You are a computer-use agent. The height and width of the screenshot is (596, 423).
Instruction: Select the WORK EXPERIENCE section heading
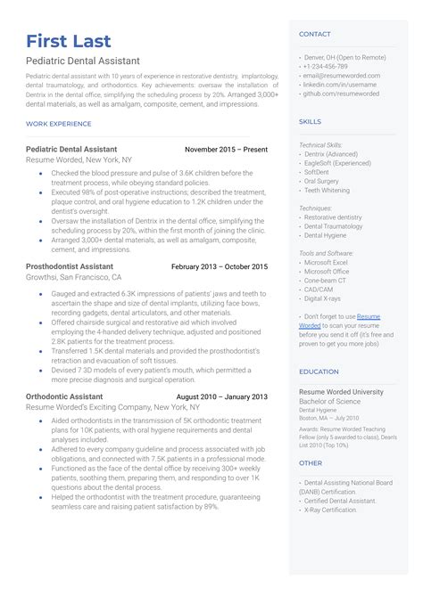point(59,124)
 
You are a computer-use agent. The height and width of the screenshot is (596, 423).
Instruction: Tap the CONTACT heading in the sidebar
point(315,34)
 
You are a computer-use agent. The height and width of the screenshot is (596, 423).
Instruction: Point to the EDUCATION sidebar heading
point(319,371)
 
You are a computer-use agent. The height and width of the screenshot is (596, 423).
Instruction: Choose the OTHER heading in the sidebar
point(311,463)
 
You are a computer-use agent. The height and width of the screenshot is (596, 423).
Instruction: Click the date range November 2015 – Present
point(226,150)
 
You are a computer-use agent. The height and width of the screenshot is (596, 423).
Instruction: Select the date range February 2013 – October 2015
point(219,266)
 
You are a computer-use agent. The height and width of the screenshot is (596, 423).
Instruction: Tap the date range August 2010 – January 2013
point(221,396)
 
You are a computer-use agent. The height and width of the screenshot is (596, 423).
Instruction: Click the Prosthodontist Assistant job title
point(70,266)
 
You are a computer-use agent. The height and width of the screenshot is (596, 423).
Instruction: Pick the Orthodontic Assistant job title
point(64,396)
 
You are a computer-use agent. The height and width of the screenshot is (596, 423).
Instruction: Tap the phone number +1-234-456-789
point(325,65)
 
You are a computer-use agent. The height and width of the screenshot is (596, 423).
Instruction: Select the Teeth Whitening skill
point(328,190)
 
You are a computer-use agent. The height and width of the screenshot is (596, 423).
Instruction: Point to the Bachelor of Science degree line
point(330,402)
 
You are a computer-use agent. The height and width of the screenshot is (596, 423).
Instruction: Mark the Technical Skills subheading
point(319,144)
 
